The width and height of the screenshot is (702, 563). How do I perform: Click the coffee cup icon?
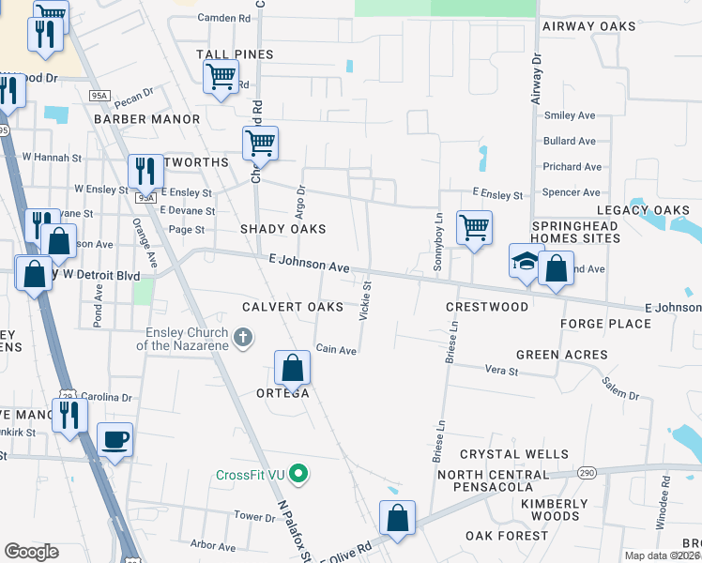(x=115, y=439)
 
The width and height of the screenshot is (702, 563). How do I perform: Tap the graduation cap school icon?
(x=526, y=261)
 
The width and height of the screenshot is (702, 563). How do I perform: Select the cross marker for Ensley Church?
(x=243, y=337)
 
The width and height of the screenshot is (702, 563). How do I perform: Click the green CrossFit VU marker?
(x=298, y=474)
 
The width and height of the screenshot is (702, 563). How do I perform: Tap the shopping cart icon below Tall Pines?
(x=221, y=76)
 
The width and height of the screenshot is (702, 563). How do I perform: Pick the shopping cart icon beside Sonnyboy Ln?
(x=475, y=227)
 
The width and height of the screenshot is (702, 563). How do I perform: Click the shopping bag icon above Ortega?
(x=292, y=368)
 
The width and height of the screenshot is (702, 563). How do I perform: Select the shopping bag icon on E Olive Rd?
(x=398, y=518)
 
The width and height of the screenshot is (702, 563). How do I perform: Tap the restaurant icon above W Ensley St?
(x=145, y=171)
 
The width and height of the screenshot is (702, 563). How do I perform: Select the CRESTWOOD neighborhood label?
(x=487, y=307)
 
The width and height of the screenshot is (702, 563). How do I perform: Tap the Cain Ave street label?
(x=336, y=350)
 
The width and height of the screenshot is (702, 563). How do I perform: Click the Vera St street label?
(x=500, y=372)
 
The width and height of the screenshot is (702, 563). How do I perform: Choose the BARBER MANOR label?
(x=146, y=119)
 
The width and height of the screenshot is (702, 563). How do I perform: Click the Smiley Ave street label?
(x=570, y=115)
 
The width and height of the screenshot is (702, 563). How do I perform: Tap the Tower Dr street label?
(x=254, y=516)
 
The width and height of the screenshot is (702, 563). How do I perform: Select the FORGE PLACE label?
(x=605, y=324)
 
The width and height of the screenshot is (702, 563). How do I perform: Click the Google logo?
(x=31, y=552)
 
